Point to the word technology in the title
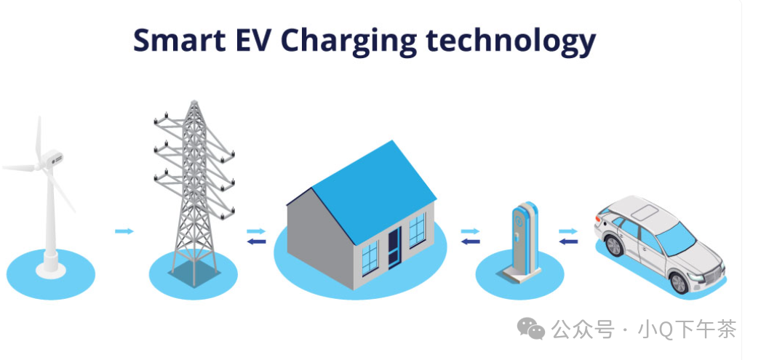pos(510,41)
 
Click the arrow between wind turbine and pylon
pos(124,231)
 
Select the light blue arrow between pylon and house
pos(256,231)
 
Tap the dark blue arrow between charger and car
pos(568,241)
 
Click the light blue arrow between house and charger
pos(470,231)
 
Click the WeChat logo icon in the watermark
pos(531,330)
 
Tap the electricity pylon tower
pos(193,189)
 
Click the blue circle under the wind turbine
pos(51,276)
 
